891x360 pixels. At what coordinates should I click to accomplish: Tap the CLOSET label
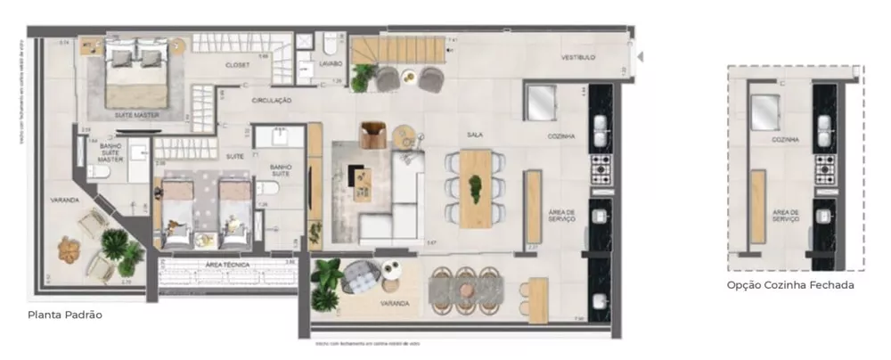point(238,65)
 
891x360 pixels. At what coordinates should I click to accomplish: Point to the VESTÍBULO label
point(577,58)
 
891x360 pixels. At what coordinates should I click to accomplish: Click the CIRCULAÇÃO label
point(272,101)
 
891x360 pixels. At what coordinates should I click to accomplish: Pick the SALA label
point(474,135)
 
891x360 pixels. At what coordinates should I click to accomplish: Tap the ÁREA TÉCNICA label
point(226,265)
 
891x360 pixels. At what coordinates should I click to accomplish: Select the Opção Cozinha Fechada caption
point(789,285)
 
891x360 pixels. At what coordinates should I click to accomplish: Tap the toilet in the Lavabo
point(331,42)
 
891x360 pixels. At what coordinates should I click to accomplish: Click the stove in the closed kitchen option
point(825,165)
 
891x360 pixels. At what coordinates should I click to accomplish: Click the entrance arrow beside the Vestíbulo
point(641,57)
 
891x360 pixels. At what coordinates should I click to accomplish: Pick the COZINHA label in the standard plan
point(561,136)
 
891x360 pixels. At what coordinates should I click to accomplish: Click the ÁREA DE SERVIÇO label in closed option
point(785,215)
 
